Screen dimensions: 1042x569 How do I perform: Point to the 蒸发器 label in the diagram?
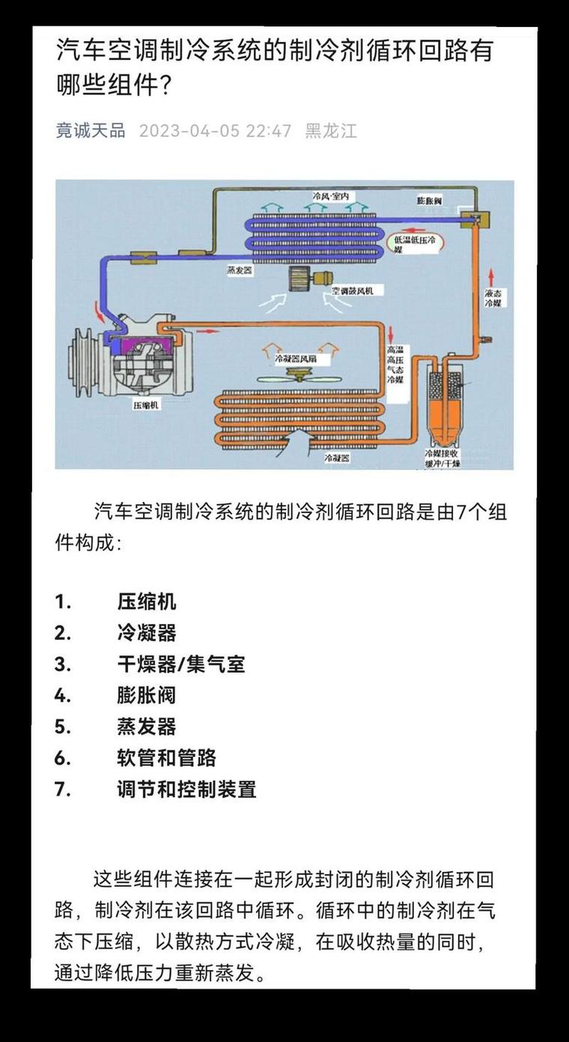click(x=240, y=270)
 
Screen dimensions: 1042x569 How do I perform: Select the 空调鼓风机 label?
click(x=357, y=290)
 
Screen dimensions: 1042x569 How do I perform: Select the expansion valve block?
click(x=473, y=219)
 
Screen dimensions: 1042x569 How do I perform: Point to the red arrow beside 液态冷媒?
click(x=492, y=271)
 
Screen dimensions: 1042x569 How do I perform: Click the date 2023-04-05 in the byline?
click(x=189, y=131)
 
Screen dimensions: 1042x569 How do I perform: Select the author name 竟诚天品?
click(x=91, y=131)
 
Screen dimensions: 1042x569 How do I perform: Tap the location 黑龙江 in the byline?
click(x=331, y=131)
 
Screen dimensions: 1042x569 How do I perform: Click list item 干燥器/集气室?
click(x=180, y=664)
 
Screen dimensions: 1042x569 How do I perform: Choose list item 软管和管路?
click(x=166, y=757)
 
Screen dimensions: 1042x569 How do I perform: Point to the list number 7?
click(x=62, y=789)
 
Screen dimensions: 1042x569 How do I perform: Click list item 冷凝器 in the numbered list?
click(x=146, y=633)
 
